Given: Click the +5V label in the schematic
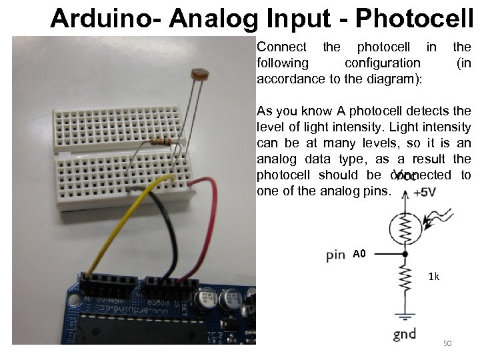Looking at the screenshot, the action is coord(424,193).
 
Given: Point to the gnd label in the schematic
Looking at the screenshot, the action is coord(405,333).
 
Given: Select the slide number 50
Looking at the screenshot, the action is coord(447,343).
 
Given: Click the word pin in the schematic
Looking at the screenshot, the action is coord(336,254).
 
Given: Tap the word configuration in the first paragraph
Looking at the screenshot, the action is coord(382,62).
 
